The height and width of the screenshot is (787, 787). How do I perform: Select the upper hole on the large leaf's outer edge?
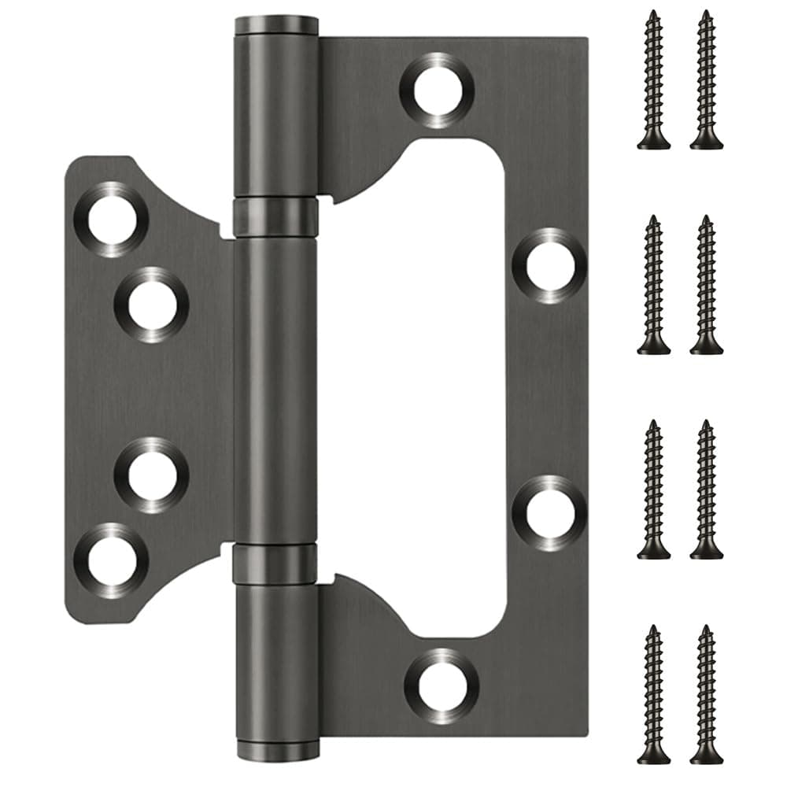tap(549, 266)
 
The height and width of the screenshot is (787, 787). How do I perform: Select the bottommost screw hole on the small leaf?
tap(111, 560)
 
